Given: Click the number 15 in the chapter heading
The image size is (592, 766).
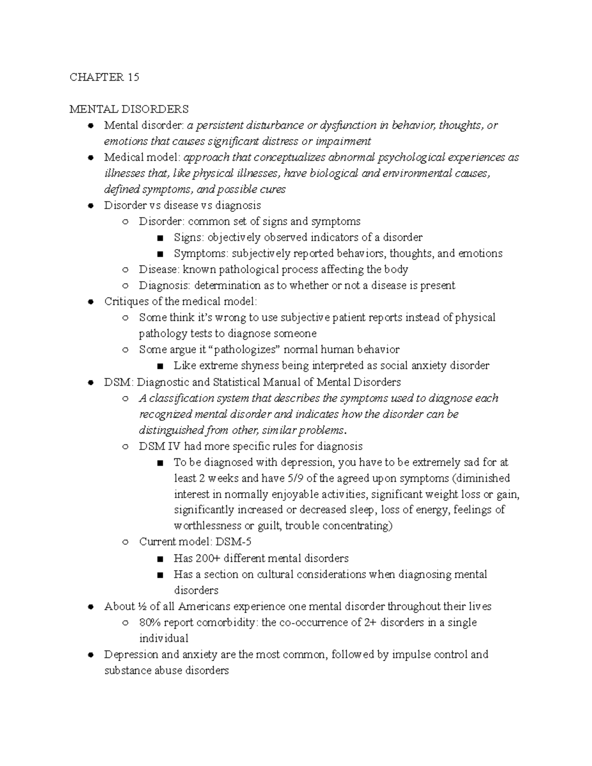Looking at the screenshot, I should pyautogui.click(x=133, y=77).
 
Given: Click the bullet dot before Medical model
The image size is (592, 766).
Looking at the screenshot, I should pyautogui.click(x=90, y=158).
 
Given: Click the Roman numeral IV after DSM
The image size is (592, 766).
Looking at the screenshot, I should pyautogui.click(x=175, y=446).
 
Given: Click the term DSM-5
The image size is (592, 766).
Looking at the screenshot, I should pyautogui.click(x=233, y=542).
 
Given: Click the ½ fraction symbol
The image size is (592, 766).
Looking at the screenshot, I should pyautogui.click(x=142, y=606).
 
